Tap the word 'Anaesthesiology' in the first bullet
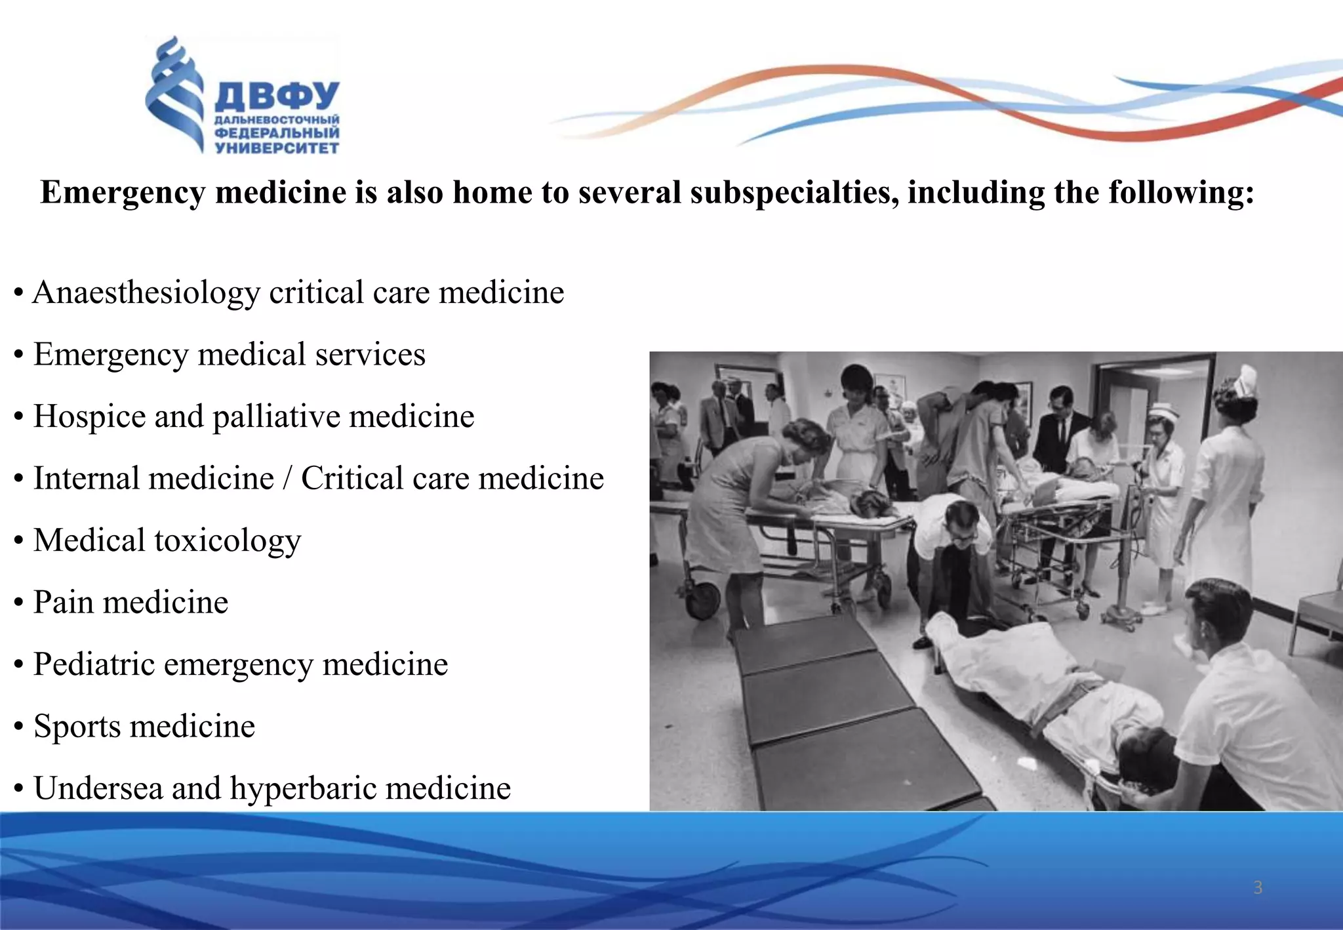point(146,293)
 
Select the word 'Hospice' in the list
point(89,416)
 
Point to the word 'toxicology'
point(228,541)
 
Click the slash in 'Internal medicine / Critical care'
point(287,479)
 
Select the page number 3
point(1258,887)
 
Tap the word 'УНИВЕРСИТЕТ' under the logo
point(277,148)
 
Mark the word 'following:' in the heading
point(1180,193)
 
